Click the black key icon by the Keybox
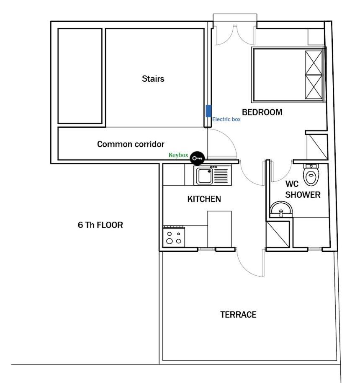[197, 158]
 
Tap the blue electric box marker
[208, 111]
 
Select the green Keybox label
[178, 155]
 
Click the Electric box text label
[226, 119]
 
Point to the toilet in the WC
[311, 174]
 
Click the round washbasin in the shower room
[281, 210]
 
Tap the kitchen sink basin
[205, 176]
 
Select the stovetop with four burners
[174, 237]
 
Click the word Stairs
[153, 79]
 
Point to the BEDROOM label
[262, 112]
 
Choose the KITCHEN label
[204, 199]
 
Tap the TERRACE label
[238, 315]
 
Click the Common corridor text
[131, 144]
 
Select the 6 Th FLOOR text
[100, 225]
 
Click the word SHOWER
[303, 195]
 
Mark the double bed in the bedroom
[288, 75]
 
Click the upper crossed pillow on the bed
[314, 63]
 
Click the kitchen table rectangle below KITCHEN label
[219, 229]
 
